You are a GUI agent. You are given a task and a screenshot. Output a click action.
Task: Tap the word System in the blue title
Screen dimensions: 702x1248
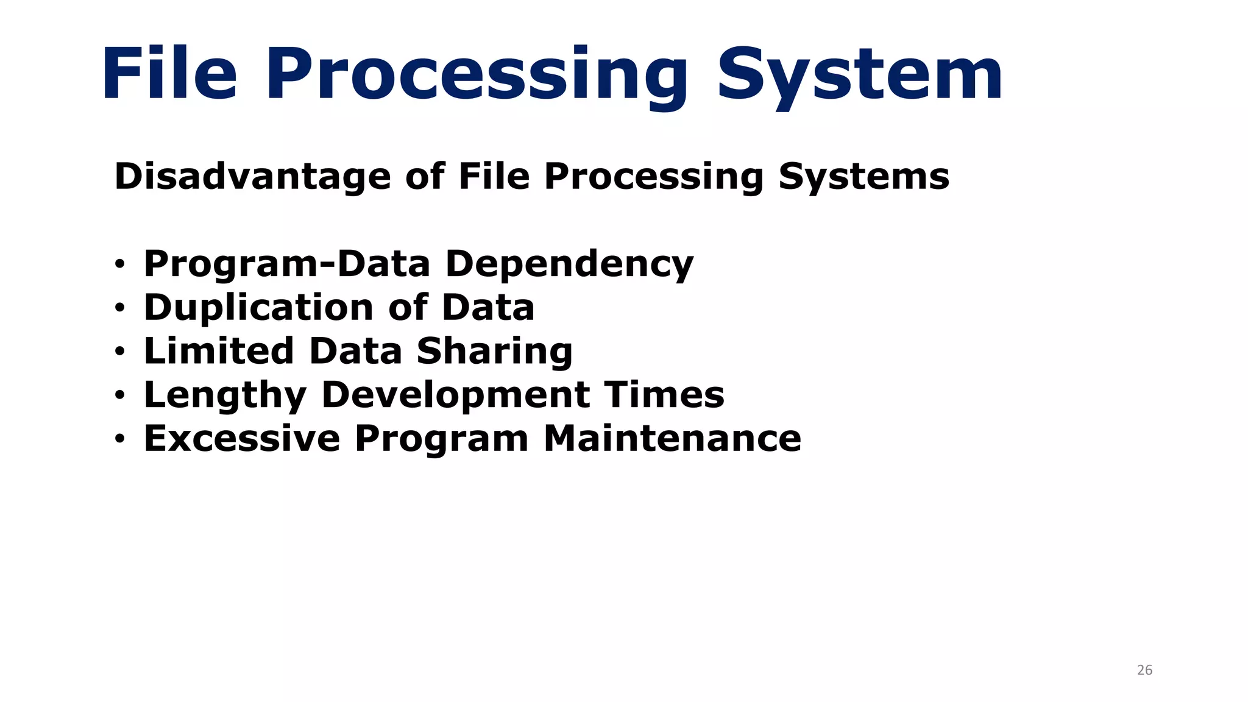pos(859,76)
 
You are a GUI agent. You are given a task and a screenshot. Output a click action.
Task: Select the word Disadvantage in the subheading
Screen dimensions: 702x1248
pos(252,177)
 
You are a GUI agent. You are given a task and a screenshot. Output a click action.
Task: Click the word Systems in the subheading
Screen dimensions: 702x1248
pos(863,178)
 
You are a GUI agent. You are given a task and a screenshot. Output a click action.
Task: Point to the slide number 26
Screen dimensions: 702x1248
pos(1144,670)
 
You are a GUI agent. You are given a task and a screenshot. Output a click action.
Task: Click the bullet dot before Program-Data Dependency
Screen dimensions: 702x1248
pos(119,265)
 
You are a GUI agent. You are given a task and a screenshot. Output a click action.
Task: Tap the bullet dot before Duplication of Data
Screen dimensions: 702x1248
pos(119,309)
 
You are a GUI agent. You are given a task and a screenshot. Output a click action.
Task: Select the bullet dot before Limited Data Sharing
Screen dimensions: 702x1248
pos(119,352)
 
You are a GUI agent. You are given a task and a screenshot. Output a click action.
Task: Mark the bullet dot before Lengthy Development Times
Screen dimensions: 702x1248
pos(119,396)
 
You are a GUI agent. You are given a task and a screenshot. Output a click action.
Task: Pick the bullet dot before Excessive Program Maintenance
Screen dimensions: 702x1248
pos(119,439)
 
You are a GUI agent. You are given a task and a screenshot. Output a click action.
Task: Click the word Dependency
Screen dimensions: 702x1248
pos(569,265)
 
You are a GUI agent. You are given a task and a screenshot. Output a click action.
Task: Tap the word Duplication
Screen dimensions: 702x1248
pos(258,307)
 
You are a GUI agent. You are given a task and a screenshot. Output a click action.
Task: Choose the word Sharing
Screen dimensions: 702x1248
pos(494,352)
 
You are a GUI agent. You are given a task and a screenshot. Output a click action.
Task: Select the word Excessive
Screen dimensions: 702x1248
pos(242,439)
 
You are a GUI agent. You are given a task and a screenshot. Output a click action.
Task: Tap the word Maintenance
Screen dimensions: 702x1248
pos(672,439)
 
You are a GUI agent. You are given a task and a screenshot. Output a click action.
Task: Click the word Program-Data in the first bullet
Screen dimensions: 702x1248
pos(286,265)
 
